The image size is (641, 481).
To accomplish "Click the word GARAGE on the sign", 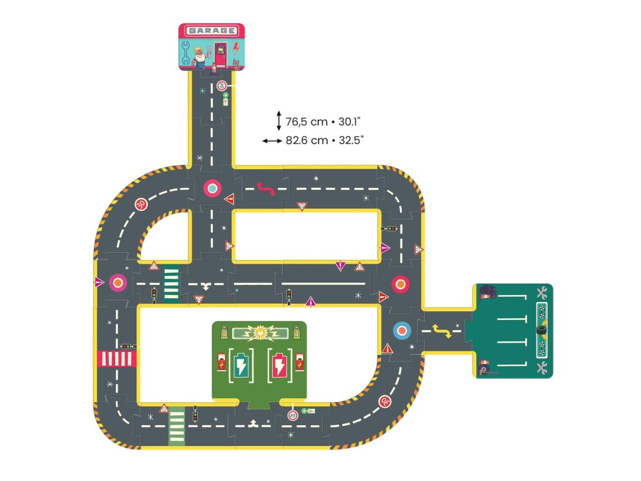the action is point(212,30).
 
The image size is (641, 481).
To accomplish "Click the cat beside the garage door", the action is point(235,63).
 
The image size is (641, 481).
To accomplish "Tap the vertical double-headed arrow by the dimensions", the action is point(279,120).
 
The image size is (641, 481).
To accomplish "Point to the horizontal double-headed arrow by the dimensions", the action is point(272,141).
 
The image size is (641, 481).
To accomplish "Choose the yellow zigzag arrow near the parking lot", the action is point(443,331).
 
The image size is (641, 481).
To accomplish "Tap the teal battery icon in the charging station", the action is point(241,365).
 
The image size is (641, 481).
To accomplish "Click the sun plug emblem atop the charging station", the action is point(259,331).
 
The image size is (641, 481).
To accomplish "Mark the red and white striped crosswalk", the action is point(116,358).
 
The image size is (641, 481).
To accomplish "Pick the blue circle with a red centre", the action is point(402,330).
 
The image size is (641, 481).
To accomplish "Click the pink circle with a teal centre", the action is point(212,188).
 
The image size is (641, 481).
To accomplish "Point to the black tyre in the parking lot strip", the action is point(541,328).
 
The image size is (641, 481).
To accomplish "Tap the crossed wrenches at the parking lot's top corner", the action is point(542,292).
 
